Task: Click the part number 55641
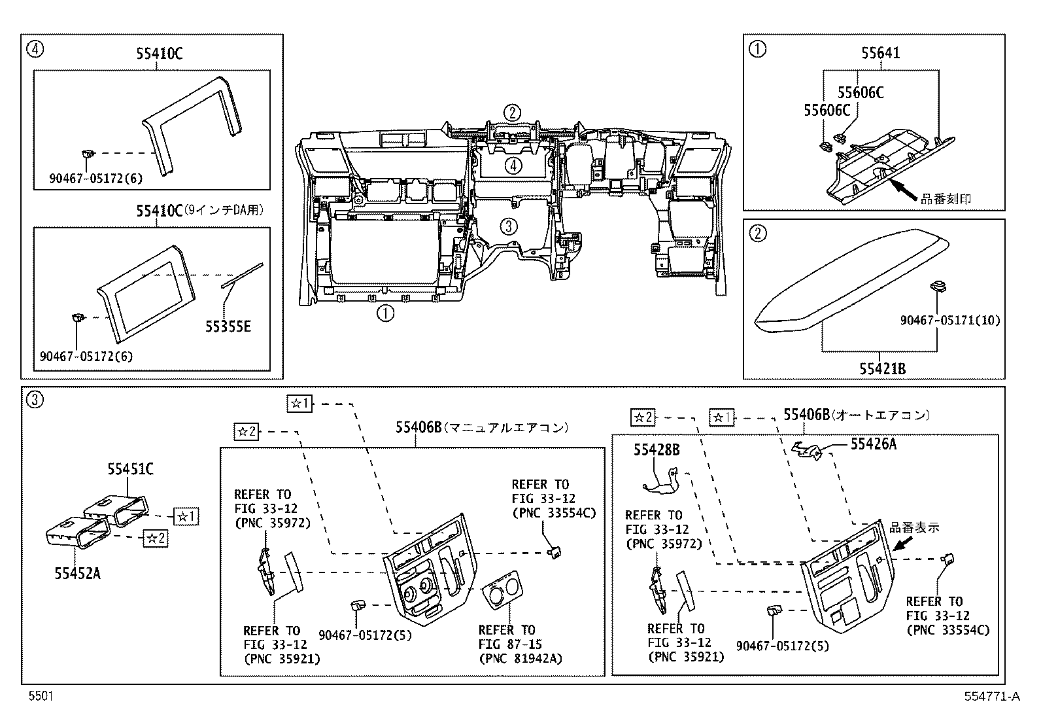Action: (880, 53)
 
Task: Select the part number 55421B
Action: (883, 369)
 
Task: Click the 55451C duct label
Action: (131, 468)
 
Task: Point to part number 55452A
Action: (77, 573)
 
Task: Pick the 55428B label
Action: (656, 449)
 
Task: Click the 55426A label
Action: (873, 444)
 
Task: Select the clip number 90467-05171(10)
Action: (949, 321)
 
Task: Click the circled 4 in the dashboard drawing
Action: (513, 165)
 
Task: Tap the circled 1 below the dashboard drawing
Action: (384, 313)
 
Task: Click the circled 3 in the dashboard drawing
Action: (509, 226)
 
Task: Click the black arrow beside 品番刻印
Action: (904, 190)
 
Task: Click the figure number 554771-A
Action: (991, 697)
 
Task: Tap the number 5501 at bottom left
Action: (40, 697)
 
